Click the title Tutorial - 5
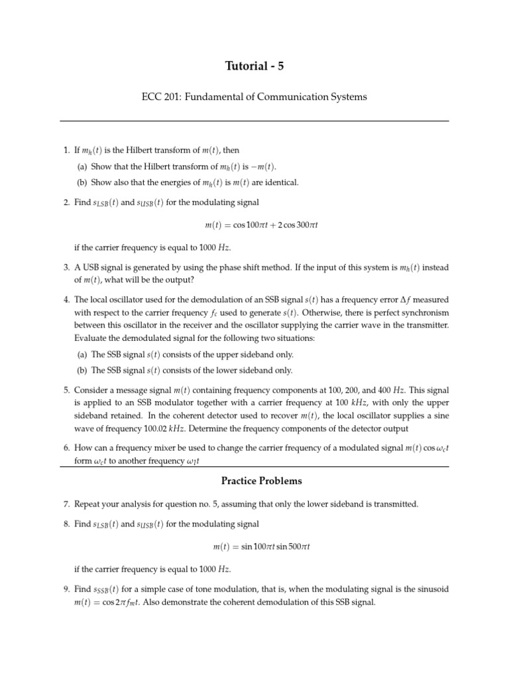pyautogui.click(x=254, y=65)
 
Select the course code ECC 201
pyautogui.click(x=161, y=97)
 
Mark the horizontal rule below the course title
pyautogui.click(x=254, y=121)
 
